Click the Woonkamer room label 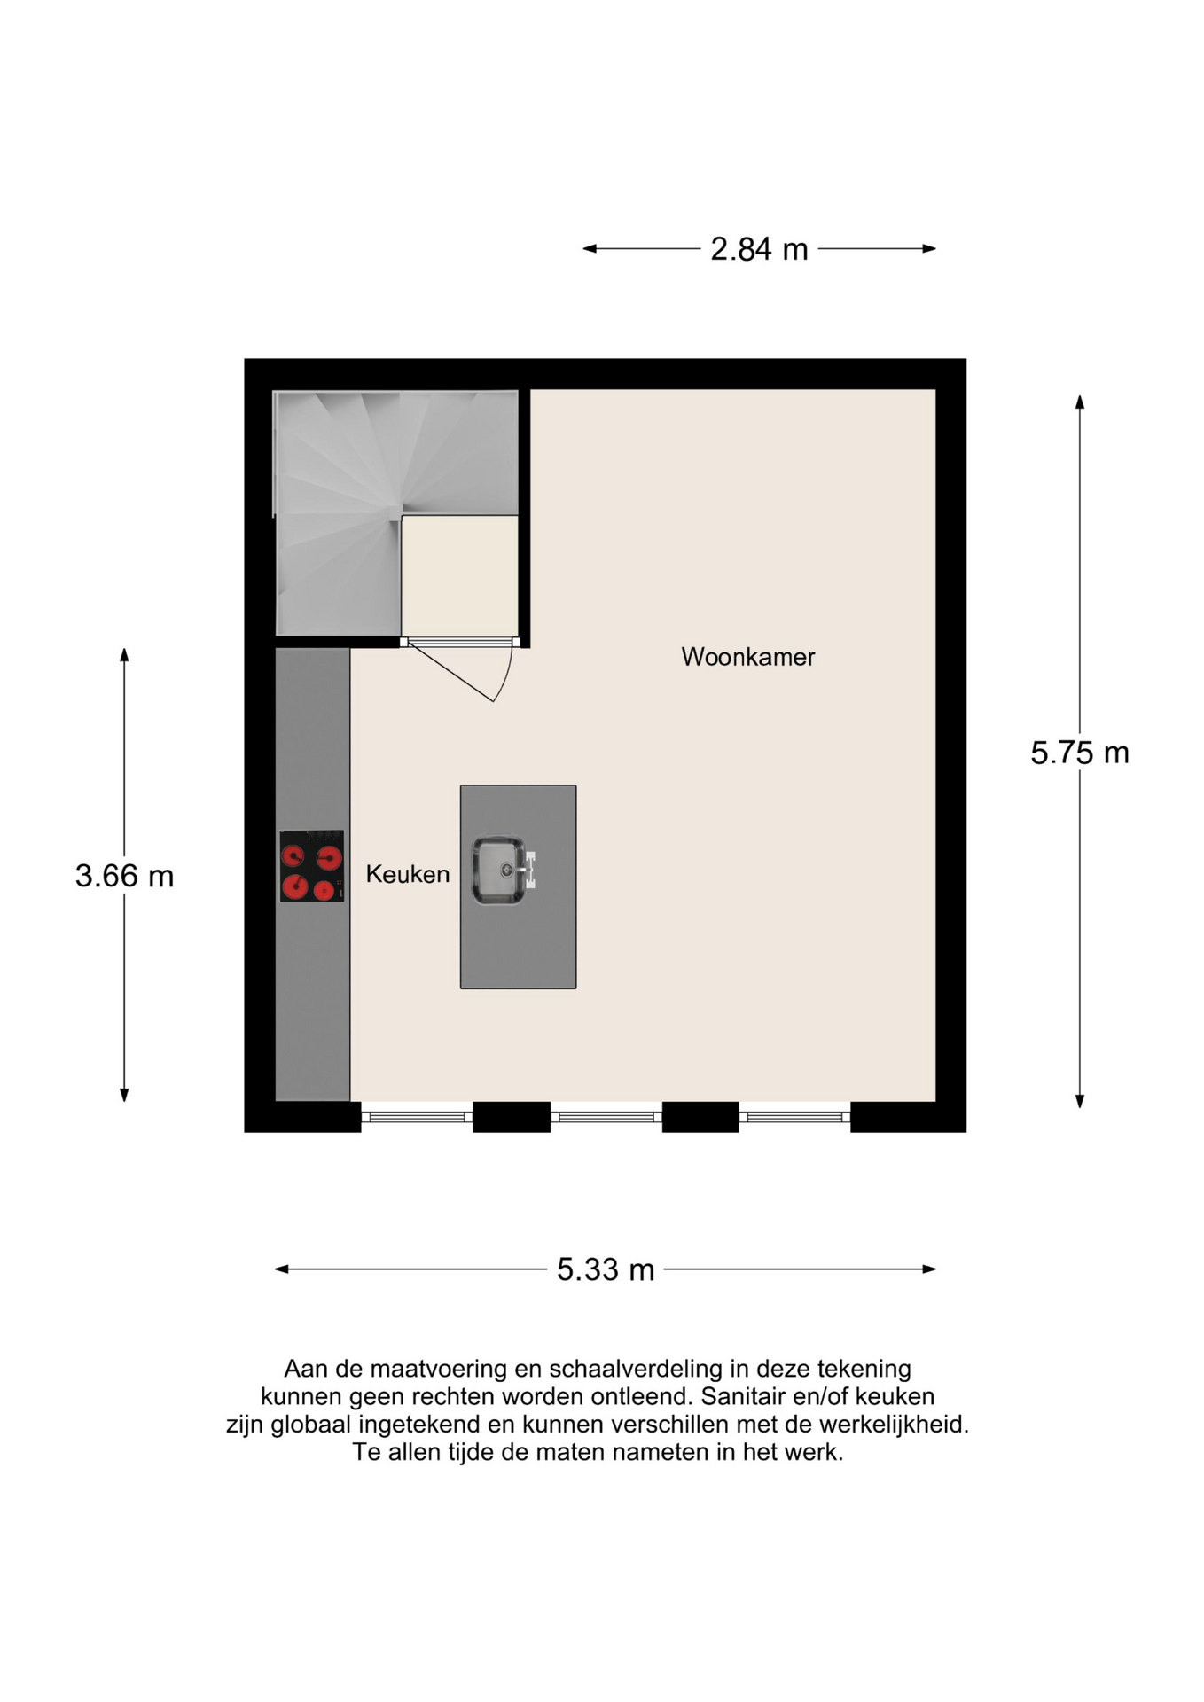[747, 657]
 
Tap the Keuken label [407, 874]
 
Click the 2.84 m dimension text [759, 249]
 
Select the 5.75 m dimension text [1079, 753]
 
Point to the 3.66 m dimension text [124, 876]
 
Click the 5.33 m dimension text [606, 1269]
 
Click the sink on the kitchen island [498, 871]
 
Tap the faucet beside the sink [529, 870]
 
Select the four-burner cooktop [312, 866]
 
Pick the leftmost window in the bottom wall [417, 1117]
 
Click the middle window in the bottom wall [606, 1117]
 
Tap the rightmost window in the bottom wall [795, 1117]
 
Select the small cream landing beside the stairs [459, 574]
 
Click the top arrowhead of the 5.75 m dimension [1079, 402]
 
